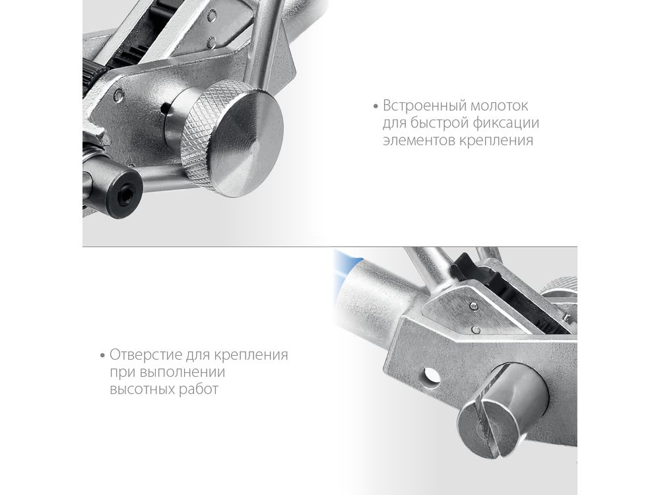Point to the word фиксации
tap(506, 123)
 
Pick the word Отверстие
tap(146, 355)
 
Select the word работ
tap(199, 389)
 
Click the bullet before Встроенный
tap(376, 106)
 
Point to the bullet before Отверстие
tap(103, 356)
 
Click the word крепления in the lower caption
tap(251, 355)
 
